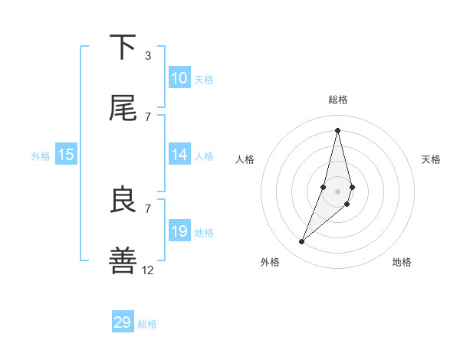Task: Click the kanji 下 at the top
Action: tap(123, 47)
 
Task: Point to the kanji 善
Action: tap(123, 260)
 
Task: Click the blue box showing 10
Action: tap(179, 78)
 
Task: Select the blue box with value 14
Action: tap(179, 155)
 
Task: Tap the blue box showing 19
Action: tap(179, 231)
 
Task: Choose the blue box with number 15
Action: tap(66, 155)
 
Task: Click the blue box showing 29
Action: tap(123, 322)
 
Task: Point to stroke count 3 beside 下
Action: tap(147, 56)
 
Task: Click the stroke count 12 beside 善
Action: tap(148, 270)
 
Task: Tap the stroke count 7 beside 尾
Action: tap(147, 116)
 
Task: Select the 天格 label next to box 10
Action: tap(204, 80)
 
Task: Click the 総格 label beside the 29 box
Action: tap(147, 324)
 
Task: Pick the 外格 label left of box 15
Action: tap(41, 156)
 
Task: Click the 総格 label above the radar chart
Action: tap(337, 100)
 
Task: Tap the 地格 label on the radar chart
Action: tap(402, 262)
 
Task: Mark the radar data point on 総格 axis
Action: tap(337, 129)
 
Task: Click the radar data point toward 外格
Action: tap(301, 242)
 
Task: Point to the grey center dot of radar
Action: tap(337, 191)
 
